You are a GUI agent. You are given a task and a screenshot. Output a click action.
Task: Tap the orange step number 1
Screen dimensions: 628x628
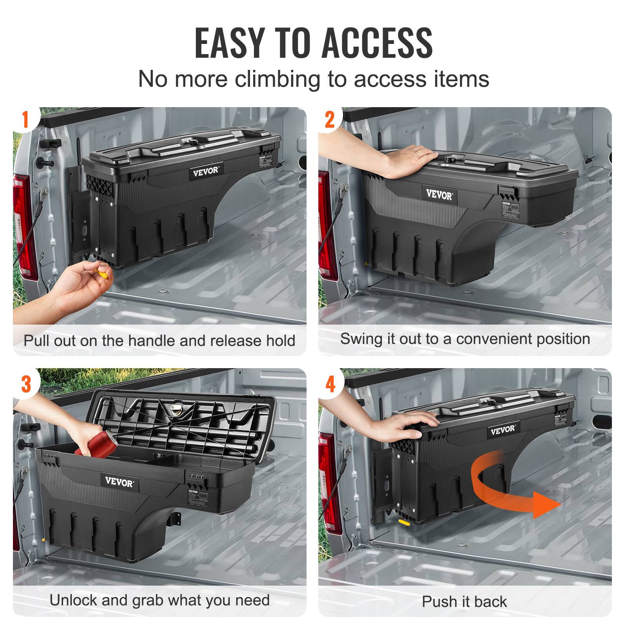(x=26, y=119)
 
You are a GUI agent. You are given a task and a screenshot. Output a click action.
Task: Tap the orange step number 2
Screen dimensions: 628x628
(x=330, y=119)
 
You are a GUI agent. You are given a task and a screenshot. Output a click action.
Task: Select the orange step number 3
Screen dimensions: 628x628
(x=26, y=383)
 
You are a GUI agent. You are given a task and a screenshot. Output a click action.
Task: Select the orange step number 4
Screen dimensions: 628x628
(x=330, y=383)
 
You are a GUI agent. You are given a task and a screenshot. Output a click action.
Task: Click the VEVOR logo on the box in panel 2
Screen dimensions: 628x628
(x=439, y=194)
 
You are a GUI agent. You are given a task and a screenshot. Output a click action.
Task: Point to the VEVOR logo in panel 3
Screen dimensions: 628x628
(x=119, y=482)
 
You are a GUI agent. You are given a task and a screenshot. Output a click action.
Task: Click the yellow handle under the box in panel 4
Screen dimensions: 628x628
(x=403, y=522)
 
